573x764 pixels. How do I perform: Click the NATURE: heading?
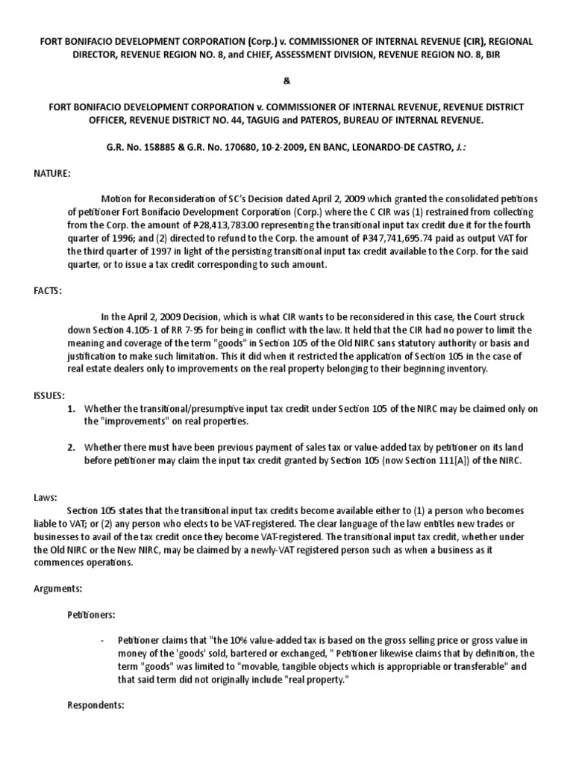click(x=51, y=173)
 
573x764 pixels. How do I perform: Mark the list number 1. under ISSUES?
click(x=72, y=409)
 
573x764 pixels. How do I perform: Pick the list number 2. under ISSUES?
click(x=72, y=447)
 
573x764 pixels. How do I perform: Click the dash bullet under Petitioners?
click(x=102, y=641)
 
